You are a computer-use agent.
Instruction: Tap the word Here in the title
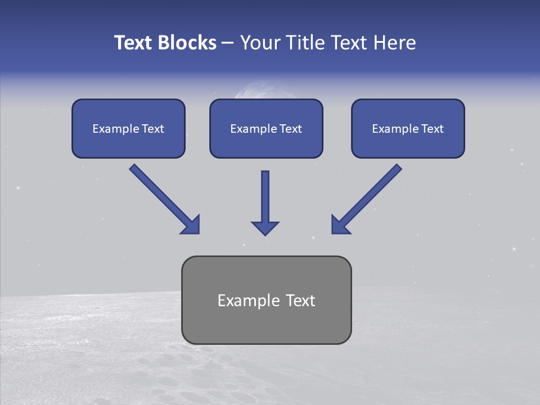[x=395, y=43]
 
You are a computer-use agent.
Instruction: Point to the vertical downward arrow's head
[x=265, y=227]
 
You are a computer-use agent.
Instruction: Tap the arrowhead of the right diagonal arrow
[x=339, y=225]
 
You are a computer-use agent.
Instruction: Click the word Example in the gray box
[x=241, y=301]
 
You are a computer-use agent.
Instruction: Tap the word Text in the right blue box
[x=432, y=129]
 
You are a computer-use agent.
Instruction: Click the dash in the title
[x=228, y=43]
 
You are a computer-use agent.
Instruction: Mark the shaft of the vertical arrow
[x=265, y=194]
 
